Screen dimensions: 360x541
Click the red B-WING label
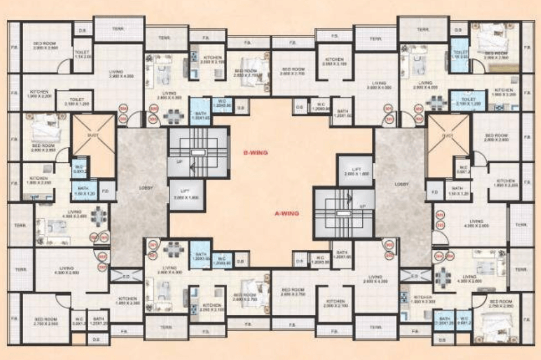[255, 153]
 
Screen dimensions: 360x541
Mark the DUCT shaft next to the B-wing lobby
[94, 136]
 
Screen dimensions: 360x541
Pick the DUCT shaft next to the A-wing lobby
[448, 136]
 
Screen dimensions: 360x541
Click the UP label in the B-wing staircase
[180, 162]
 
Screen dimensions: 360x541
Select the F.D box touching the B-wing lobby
[105, 190]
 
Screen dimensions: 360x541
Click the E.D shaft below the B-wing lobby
[126, 276]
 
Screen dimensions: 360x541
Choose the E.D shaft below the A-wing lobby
[414, 276]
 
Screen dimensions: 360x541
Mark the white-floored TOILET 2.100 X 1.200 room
[73, 101]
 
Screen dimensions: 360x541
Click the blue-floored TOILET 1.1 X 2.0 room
[458, 54]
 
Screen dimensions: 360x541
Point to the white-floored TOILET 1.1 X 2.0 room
[83, 54]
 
